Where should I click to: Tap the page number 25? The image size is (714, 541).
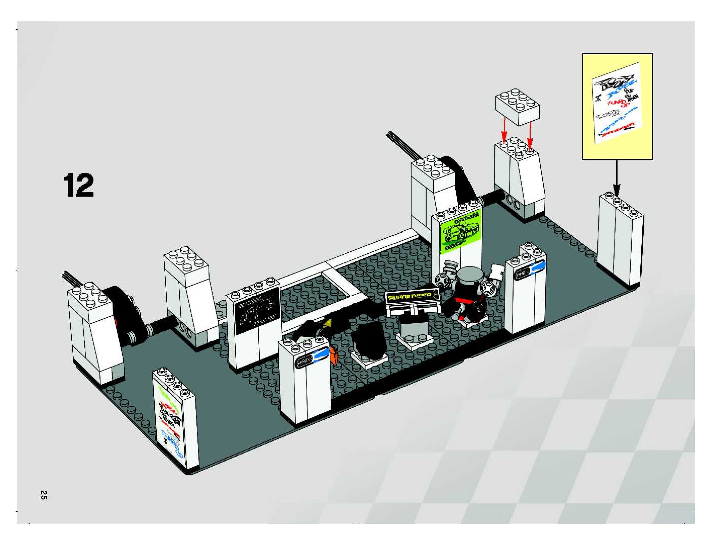[x=43, y=495]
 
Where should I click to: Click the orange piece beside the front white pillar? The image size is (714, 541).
[x=333, y=355]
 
